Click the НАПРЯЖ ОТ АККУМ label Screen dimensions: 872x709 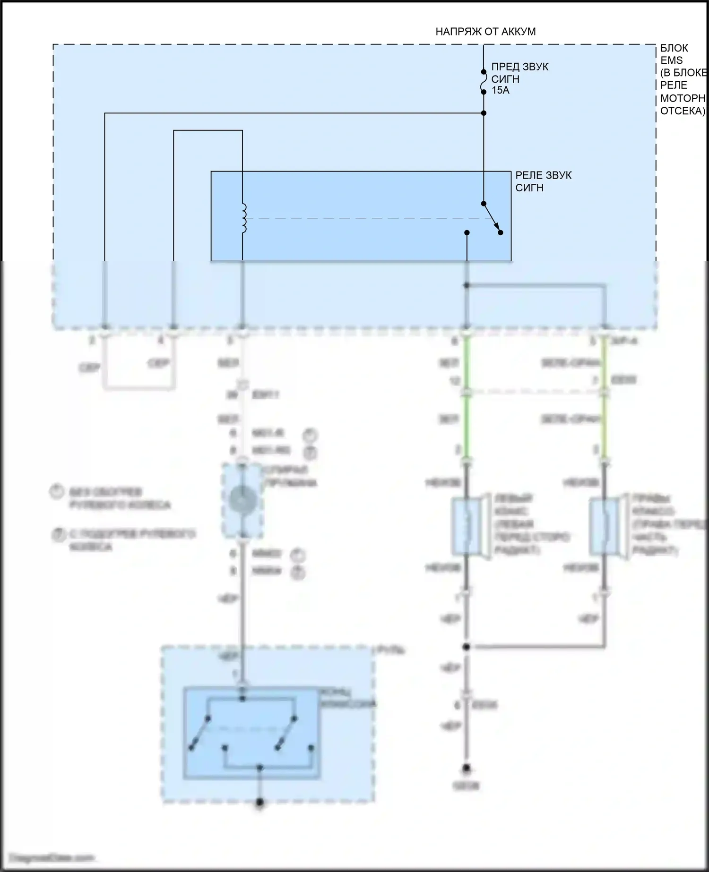point(485,32)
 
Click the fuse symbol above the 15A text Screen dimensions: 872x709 point(483,82)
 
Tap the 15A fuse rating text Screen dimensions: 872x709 point(501,90)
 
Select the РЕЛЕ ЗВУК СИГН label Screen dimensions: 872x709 point(543,181)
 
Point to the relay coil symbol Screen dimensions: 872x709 point(244,218)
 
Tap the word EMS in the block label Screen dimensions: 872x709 point(671,60)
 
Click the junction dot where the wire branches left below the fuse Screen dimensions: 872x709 point(484,113)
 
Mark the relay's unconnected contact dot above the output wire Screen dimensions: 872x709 point(467,232)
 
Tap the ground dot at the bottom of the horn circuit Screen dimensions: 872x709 point(466,768)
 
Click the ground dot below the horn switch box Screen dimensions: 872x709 point(259,802)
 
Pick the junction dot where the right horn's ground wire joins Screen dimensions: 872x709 point(466,647)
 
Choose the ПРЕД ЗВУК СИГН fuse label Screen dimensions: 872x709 point(519,73)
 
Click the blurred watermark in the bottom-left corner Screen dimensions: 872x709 point(52,857)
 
